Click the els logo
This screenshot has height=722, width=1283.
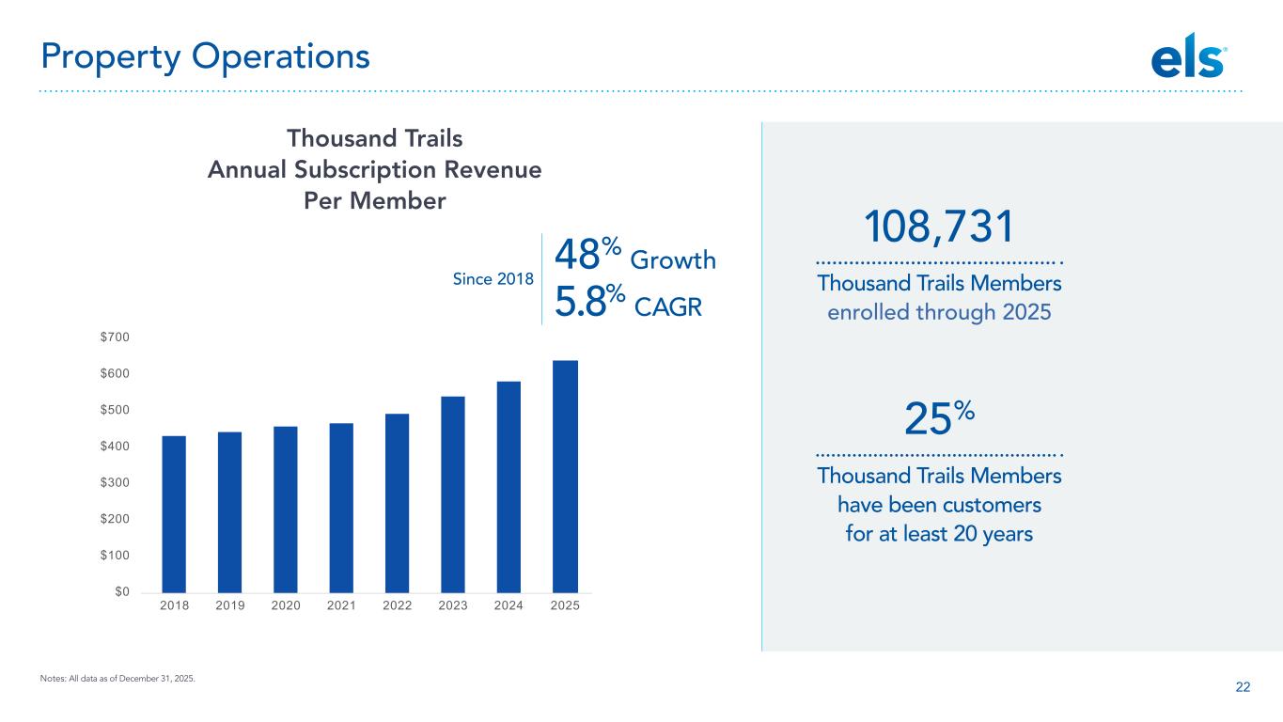click(x=1189, y=56)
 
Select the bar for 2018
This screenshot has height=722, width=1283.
click(x=174, y=514)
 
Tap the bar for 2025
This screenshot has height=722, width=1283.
click(x=565, y=477)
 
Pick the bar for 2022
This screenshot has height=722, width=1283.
click(x=397, y=503)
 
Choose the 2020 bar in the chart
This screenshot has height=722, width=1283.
click(x=285, y=510)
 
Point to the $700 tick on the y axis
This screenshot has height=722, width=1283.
click(x=115, y=337)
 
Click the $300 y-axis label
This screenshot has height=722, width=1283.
click(x=115, y=482)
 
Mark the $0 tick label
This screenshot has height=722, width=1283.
click(x=122, y=591)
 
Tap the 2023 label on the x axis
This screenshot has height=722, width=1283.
click(x=452, y=605)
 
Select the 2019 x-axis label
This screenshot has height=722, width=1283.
click(x=229, y=605)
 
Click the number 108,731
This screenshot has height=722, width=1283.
click(x=939, y=227)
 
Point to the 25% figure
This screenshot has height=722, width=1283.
click(x=939, y=417)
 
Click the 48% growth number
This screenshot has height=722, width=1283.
click(x=587, y=254)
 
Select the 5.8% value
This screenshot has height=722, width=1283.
click(x=589, y=301)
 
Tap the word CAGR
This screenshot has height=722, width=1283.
click(x=668, y=307)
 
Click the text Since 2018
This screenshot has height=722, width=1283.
click(x=493, y=279)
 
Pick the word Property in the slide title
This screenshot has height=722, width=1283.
click(x=111, y=58)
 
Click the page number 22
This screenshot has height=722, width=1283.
click(x=1243, y=687)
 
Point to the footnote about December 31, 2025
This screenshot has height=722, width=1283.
click(x=117, y=679)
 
